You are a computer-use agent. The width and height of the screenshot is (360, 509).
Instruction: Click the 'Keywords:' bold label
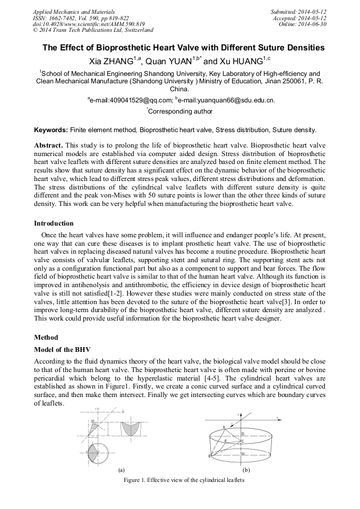(51, 130)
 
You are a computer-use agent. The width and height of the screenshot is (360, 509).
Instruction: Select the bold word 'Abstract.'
(48, 145)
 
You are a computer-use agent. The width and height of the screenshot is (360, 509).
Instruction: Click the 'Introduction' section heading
(54, 223)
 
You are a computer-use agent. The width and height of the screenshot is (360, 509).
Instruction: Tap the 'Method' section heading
(46, 338)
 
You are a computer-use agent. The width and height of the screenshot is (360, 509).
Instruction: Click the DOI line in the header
(89, 24)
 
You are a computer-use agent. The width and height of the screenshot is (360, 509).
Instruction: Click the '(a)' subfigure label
(121, 470)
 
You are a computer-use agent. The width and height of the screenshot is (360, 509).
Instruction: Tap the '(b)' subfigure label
(246, 470)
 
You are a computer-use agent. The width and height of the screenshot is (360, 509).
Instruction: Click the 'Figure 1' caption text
(183, 480)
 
